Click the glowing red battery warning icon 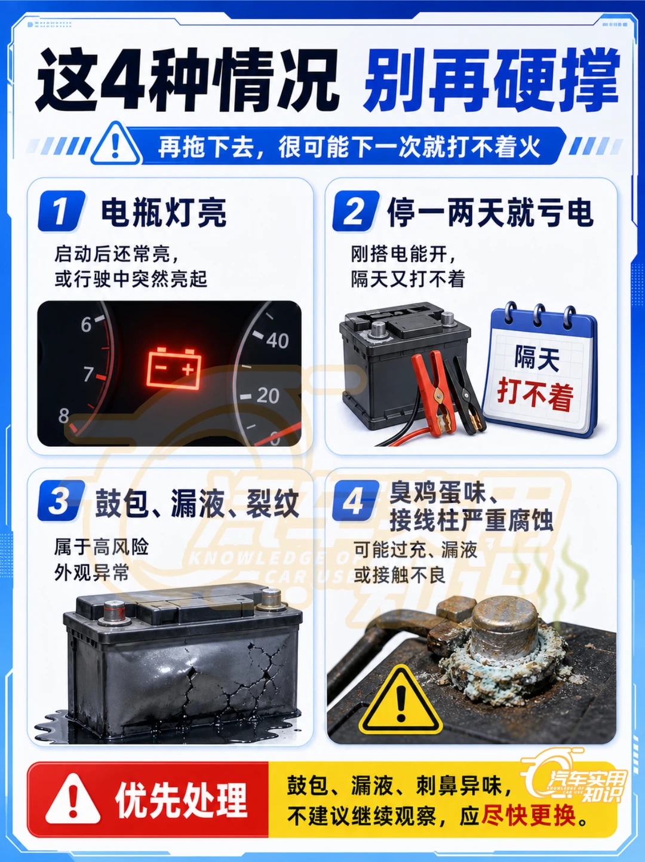(174, 367)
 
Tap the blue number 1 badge (62, 211)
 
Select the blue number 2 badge (356, 211)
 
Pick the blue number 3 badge (62, 501)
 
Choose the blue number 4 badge (356, 501)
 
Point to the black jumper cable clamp (467, 397)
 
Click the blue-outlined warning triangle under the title (115, 144)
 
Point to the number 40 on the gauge (278, 340)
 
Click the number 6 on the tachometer (87, 325)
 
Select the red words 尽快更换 (529, 815)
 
